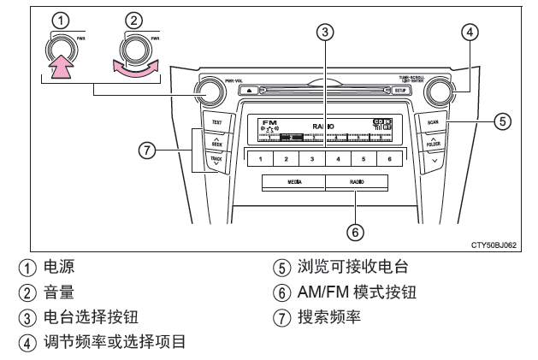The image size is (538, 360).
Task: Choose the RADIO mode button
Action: pyautogui.click(x=356, y=182)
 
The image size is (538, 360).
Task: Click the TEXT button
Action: pyautogui.click(x=216, y=122)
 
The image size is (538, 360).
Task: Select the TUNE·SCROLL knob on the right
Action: pyautogui.click(x=443, y=91)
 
